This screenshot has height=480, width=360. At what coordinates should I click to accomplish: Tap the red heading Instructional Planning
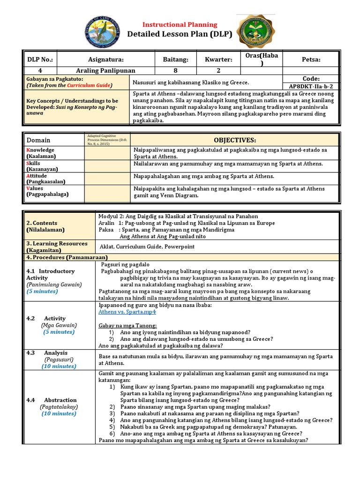click(180, 24)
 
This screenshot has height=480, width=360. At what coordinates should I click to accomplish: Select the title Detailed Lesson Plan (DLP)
click(180, 35)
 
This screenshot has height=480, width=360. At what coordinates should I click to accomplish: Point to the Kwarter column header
click(218, 60)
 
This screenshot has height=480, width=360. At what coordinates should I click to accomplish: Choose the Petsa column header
click(311, 60)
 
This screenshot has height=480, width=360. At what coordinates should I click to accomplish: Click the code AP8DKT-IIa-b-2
click(311, 87)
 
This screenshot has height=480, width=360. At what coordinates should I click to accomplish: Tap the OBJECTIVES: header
click(234, 140)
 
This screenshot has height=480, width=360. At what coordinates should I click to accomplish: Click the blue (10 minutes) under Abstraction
click(59, 413)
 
